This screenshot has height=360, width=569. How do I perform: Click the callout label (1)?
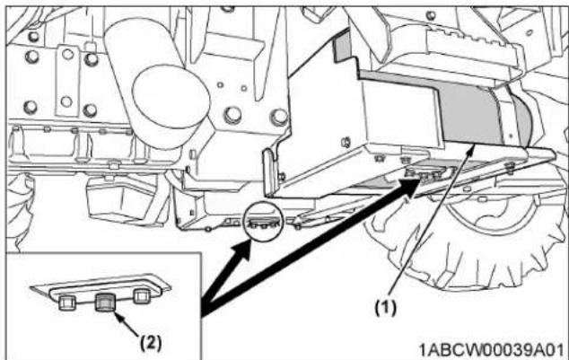(385, 308)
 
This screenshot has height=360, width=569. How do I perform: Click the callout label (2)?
(151, 341)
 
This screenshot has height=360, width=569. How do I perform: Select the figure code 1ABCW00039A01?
(492, 350)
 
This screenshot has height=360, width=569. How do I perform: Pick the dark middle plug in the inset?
(105, 303)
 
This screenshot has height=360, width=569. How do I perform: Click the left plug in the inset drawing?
(67, 303)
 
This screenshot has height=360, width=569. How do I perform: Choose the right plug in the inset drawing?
(142, 296)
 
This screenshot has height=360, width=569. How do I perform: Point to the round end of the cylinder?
(171, 96)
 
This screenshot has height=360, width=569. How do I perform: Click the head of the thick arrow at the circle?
(242, 249)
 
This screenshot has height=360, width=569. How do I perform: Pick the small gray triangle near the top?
(342, 46)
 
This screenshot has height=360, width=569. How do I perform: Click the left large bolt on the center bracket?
(232, 115)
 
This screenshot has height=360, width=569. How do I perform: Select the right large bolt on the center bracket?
(279, 117)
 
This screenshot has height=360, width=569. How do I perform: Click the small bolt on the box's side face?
(346, 142)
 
